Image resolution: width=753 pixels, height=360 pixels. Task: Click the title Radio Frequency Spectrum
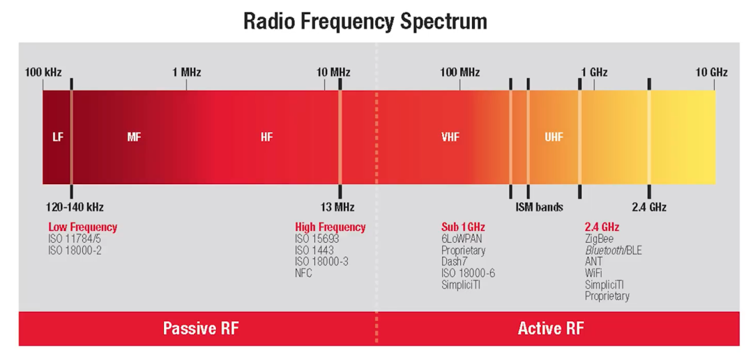(x=365, y=21)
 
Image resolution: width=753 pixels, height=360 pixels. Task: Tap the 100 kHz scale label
(x=43, y=72)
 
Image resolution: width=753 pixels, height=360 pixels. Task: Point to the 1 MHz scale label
(x=186, y=72)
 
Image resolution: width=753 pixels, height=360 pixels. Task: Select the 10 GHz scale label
(x=711, y=72)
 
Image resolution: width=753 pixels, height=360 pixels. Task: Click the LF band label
(x=57, y=137)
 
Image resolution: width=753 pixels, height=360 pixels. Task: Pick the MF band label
(x=134, y=137)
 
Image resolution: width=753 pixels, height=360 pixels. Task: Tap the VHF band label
(x=450, y=137)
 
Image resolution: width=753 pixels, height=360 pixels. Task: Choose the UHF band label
(x=554, y=137)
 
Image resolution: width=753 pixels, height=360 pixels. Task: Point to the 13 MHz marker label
(x=337, y=207)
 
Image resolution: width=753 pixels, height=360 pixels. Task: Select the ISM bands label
(x=539, y=207)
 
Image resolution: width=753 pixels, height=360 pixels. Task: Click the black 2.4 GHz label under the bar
(x=648, y=207)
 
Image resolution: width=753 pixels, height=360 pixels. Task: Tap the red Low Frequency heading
(x=82, y=227)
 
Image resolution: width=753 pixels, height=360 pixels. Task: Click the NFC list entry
(x=303, y=273)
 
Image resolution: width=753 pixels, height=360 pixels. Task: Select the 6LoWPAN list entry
(x=462, y=239)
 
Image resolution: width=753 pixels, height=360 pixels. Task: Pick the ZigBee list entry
(x=599, y=239)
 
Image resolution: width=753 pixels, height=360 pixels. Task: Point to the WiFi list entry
(x=593, y=273)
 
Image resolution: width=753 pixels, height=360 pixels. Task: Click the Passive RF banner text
(x=200, y=328)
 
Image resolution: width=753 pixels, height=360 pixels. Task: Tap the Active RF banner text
(x=551, y=328)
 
